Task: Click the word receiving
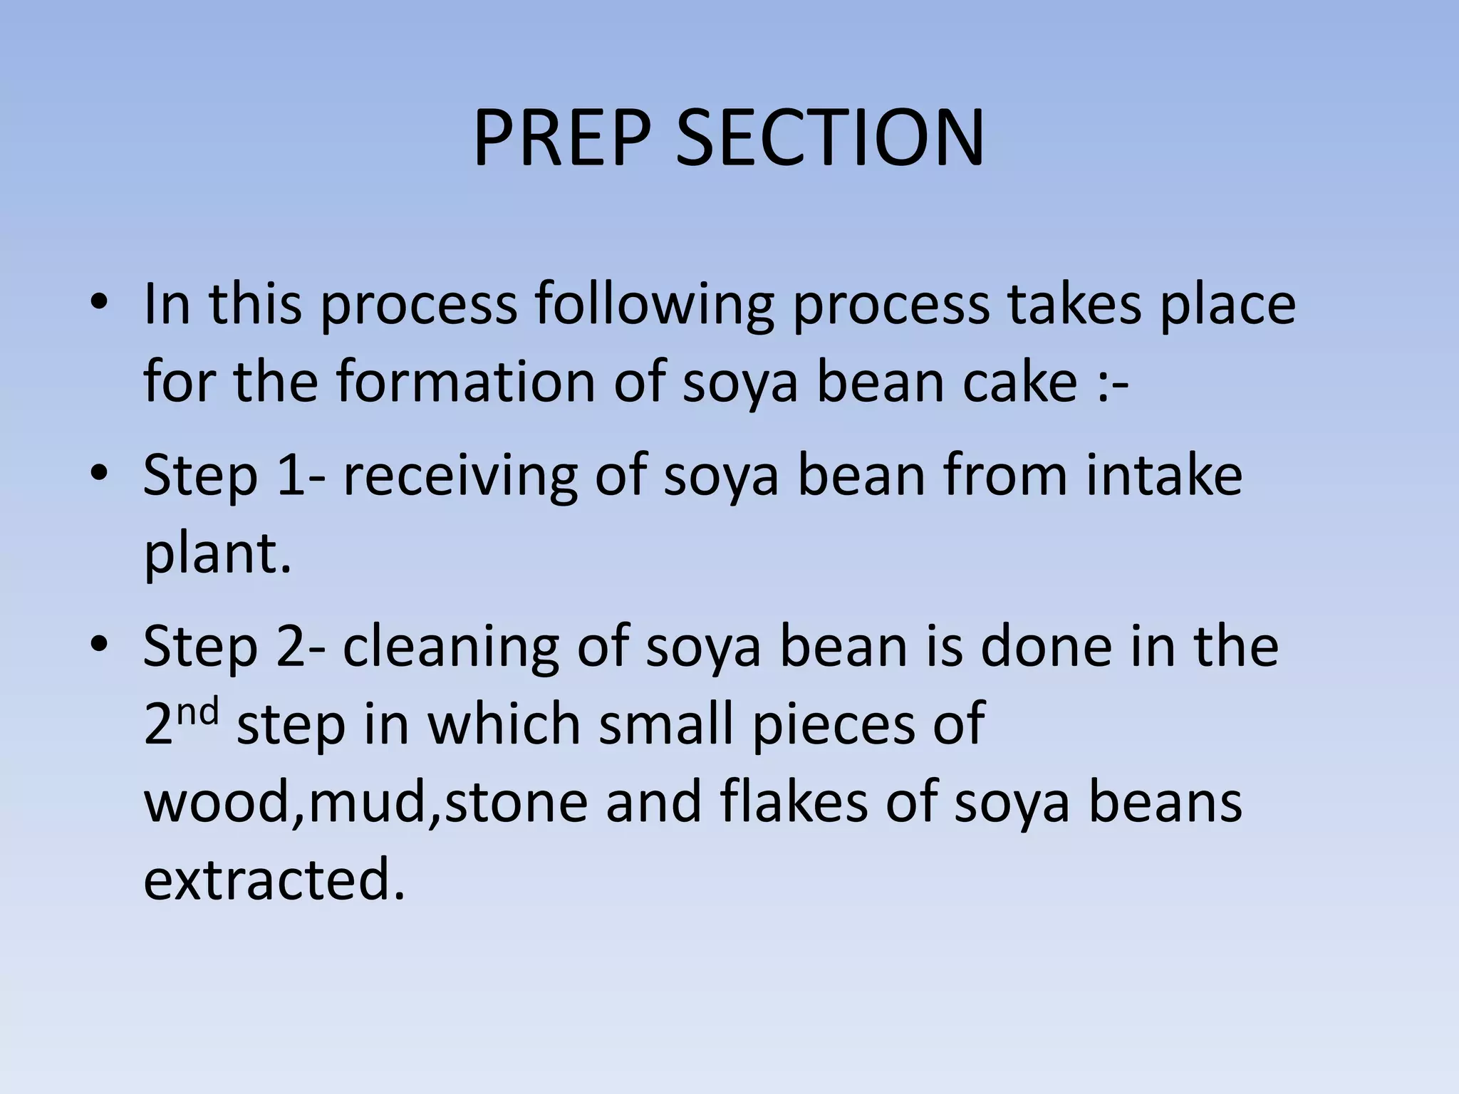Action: tap(459, 477)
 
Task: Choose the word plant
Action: tap(218, 556)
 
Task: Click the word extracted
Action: tap(274, 880)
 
